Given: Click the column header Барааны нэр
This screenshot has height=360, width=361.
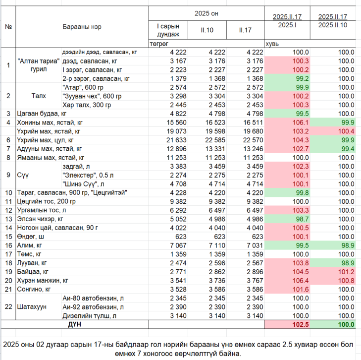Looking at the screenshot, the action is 82,27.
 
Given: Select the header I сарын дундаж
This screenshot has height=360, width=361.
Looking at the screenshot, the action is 168,30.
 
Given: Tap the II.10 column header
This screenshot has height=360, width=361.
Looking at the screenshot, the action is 207,30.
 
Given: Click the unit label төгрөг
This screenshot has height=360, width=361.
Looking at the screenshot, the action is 159,44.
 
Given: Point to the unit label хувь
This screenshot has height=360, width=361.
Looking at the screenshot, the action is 272,44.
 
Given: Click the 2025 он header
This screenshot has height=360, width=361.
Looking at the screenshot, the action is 206,13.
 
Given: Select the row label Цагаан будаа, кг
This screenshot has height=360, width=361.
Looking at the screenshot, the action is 42,114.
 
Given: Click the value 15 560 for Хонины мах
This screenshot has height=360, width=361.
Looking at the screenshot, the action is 177,122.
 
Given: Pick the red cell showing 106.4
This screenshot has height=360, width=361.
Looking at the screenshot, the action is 301,281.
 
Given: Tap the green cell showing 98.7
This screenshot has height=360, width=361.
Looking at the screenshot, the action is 302,219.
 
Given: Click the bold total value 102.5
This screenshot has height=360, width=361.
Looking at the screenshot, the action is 301,324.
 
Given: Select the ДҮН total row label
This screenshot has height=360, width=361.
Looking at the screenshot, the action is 75,324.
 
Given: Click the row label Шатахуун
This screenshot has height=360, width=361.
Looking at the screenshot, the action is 32,307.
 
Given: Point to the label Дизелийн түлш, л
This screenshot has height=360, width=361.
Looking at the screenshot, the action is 89,316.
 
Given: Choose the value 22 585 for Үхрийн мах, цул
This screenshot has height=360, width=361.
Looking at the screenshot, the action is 215,140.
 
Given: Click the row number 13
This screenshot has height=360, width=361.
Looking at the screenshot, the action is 8,219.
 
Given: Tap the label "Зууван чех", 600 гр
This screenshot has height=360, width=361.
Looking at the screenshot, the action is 92,96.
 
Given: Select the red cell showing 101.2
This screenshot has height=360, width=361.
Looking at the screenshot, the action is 346,272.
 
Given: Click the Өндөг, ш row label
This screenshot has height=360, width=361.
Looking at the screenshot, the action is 30,237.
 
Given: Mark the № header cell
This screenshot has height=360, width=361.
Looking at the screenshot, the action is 8,27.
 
